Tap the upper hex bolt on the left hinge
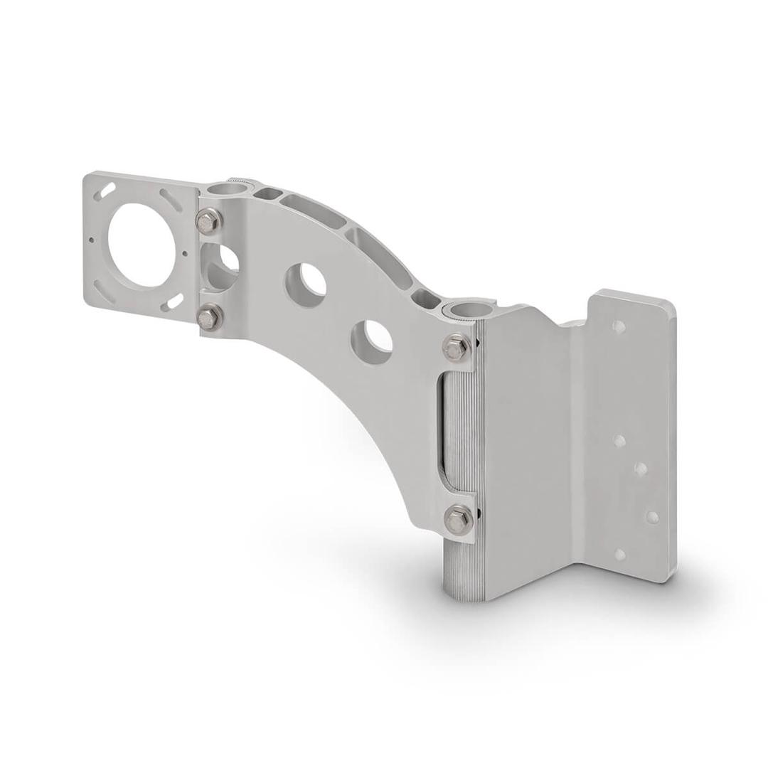pyautogui.click(x=208, y=221)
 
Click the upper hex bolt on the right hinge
pyautogui.click(x=456, y=348)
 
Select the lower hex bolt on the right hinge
pyautogui.click(x=458, y=521)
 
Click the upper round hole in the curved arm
pyautogui.click(x=306, y=282)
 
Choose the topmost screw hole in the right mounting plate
pyautogui.click(x=619, y=327)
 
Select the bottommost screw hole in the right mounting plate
pyautogui.click(x=620, y=554)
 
